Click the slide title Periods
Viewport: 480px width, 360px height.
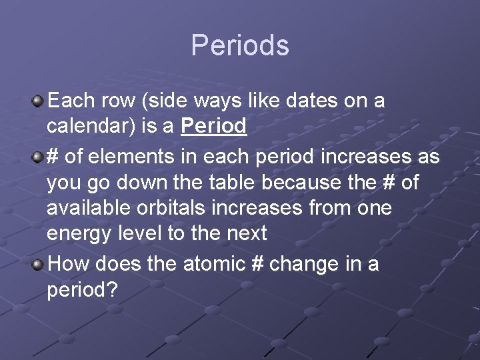point(240,45)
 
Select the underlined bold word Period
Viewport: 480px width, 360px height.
point(213,126)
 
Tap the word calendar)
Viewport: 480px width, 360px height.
point(93,127)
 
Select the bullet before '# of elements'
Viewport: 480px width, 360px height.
point(39,157)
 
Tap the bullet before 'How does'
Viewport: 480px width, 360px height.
point(39,264)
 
